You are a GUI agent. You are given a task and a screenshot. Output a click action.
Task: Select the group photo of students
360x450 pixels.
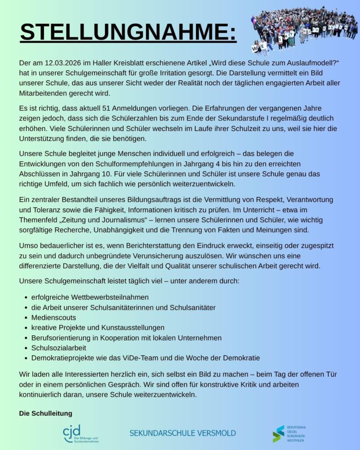click(x=303, y=29)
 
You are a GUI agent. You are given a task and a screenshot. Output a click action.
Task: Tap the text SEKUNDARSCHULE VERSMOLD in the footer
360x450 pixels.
click(x=182, y=433)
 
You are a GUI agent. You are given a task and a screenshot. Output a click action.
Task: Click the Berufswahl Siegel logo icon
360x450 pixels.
click(x=278, y=433)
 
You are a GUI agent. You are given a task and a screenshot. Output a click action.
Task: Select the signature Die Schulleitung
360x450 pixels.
click(x=46, y=414)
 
